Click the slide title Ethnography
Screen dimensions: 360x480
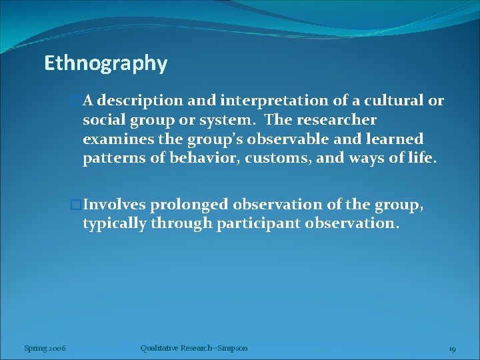click(105, 63)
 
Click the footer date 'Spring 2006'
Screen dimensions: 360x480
click(45, 348)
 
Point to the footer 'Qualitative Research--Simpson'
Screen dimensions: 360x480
click(194, 348)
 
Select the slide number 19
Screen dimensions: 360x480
click(451, 349)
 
